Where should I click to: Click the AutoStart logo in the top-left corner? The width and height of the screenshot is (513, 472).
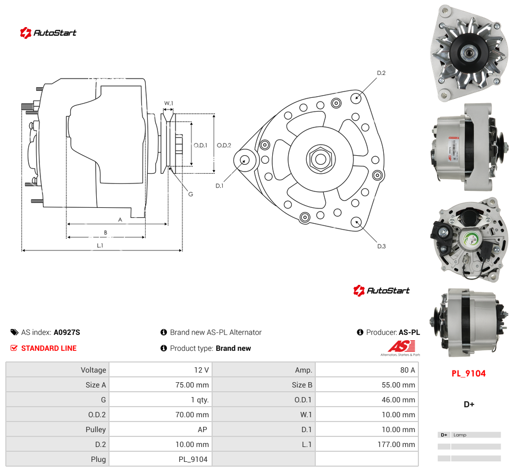click(48, 33)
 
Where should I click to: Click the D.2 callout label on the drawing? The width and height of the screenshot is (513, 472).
click(381, 73)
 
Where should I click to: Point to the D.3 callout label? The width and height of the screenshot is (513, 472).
click(382, 246)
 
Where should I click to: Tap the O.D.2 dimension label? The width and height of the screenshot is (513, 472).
click(224, 145)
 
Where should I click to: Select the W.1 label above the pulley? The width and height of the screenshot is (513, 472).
click(169, 103)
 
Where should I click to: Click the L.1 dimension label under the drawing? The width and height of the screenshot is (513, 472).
click(100, 246)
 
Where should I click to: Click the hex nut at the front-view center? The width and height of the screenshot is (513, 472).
click(321, 159)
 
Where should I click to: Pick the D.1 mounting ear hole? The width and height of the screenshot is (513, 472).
click(244, 161)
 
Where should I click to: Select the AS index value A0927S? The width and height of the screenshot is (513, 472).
click(67, 332)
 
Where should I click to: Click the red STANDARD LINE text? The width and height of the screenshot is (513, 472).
click(49, 348)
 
